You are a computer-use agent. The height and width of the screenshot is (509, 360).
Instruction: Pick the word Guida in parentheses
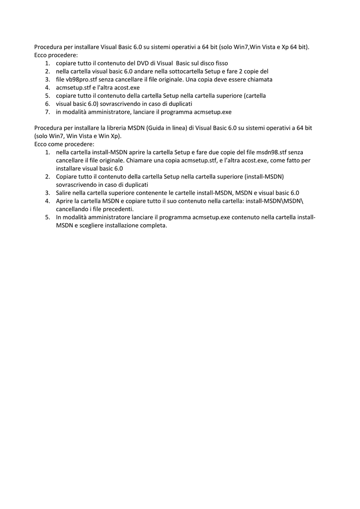click(x=156, y=128)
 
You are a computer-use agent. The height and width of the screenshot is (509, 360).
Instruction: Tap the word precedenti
click(x=119, y=209)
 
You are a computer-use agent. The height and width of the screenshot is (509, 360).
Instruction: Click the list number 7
click(x=47, y=112)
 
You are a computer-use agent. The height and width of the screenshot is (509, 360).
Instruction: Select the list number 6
click(x=47, y=104)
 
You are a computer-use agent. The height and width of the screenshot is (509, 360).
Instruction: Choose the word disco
click(x=205, y=63)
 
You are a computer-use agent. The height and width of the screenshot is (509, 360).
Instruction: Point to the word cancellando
click(x=72, y=209)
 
